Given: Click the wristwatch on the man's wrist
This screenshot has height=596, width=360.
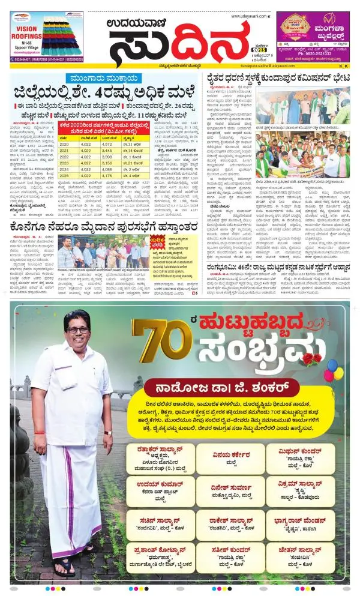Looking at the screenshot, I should (x=107, y=432).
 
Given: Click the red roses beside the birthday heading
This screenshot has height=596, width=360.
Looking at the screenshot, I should (x=311, y=359).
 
